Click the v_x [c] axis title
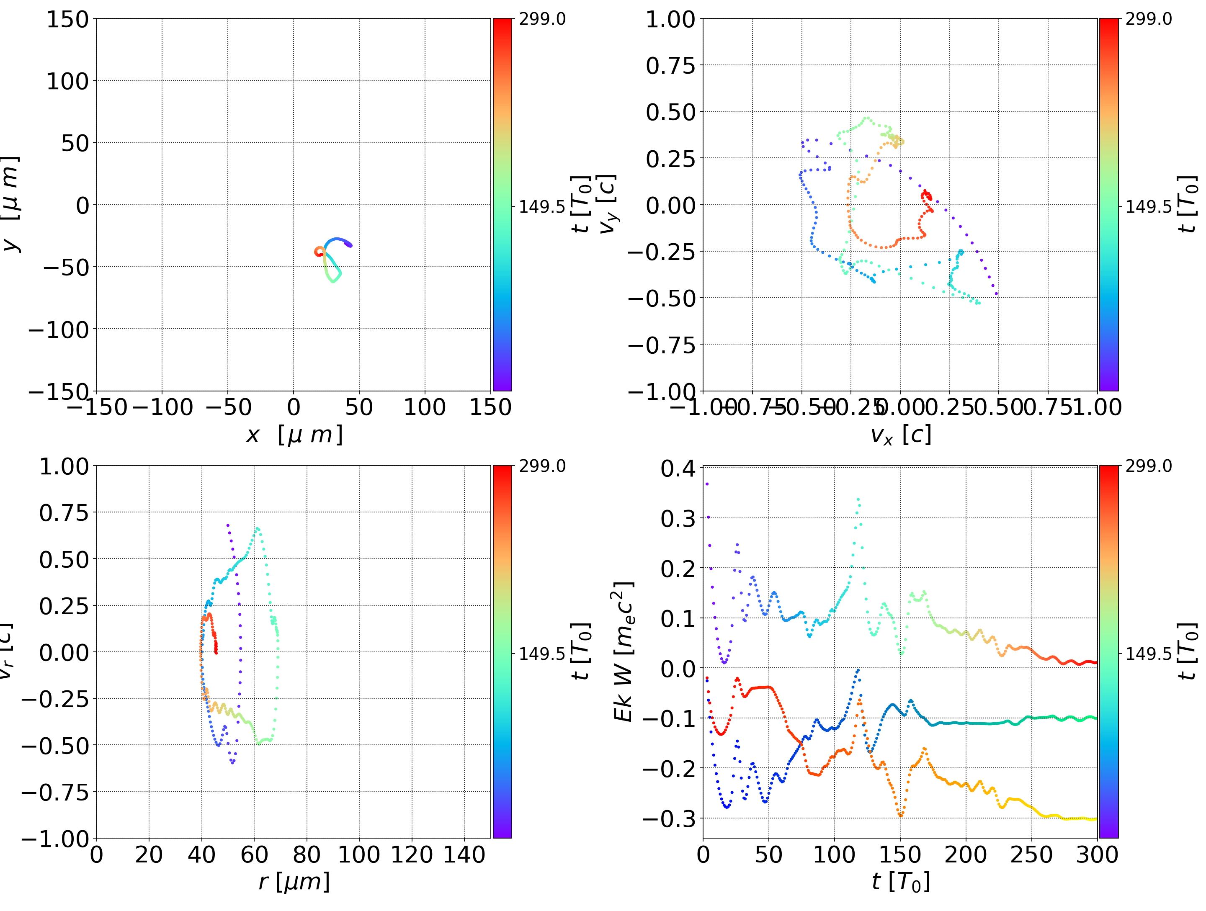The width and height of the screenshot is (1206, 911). coord(900,435)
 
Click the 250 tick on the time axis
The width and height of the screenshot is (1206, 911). coord(1031,854)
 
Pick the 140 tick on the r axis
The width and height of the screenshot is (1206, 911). coord(464,854)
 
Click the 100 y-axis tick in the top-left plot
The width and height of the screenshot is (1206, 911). coord(67,81)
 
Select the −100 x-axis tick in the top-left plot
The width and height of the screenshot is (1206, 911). coord(162,407)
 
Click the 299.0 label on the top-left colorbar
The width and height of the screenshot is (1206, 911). coord(542,19)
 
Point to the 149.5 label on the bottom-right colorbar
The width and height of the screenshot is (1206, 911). coord(1148,654)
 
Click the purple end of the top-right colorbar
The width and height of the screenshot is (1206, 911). coord(1108,384)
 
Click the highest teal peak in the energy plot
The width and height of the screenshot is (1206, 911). coord(858,499)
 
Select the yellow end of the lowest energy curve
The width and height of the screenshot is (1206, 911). coord(1093,819)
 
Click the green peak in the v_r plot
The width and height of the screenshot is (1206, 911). coord(257,528)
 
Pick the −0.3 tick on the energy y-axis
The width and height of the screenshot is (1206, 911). coord(670,819)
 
